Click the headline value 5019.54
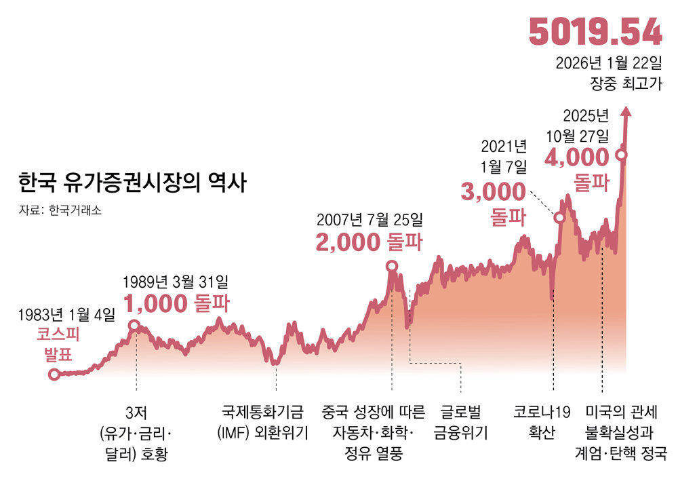(x=595, y=32)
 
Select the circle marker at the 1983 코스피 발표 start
(x=54, y=374)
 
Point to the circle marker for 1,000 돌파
(x=134, y=326)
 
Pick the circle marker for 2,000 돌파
(x=392, y=267)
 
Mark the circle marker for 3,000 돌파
(x=559, y=218)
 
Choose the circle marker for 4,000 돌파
(x=620, y=155)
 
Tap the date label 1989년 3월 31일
(x=176, y=280)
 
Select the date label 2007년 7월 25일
(x=370, y=220)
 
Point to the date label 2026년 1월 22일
(x=607, y=64)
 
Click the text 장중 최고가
(x=626, y=85)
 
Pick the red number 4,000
(x=577, y=158)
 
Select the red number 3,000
(x=493, y=192)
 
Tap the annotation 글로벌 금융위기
(x=461, y=422)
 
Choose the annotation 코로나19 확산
(x=542, y=422)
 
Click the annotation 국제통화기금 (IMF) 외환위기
(x=262, y=422)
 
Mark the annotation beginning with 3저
(x=136, y=433)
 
